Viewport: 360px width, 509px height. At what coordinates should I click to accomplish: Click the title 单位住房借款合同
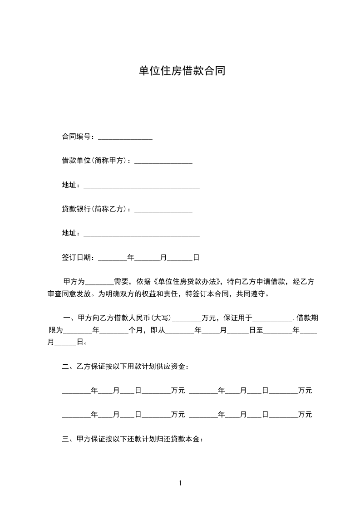click(x=182, y=71)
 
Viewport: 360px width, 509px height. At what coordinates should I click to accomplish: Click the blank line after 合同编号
click(x=125, y=137)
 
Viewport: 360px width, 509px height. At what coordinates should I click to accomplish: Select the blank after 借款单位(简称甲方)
click(x=163, y=161)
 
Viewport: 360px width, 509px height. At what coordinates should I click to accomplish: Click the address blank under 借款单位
click(x=142, y=186)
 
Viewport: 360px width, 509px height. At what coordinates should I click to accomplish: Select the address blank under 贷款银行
click(x=142, y=234)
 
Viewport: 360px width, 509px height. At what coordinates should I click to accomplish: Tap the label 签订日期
click(x=78, y=257)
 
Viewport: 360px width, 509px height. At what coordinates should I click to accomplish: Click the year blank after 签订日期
click(x=113, y=258)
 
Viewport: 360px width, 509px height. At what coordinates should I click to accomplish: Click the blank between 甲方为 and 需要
click(x=99, y=283)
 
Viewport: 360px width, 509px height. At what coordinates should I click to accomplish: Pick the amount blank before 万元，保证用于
click(x=187, y=319)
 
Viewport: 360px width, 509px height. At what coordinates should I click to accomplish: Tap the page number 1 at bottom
click(x=180, y=483)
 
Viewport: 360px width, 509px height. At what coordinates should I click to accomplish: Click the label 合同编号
click(x=78, y=137)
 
